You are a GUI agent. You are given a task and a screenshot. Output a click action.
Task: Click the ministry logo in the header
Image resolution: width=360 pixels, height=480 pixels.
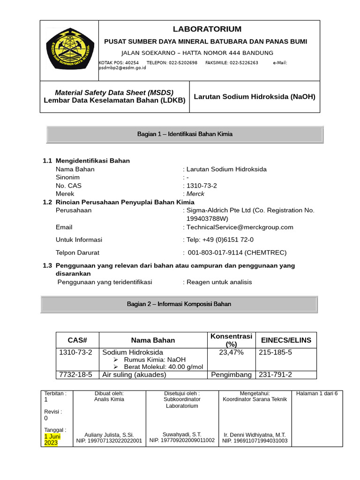(x=69, y=51)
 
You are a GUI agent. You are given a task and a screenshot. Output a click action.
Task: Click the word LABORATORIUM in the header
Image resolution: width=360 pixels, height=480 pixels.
(x=207, y=29)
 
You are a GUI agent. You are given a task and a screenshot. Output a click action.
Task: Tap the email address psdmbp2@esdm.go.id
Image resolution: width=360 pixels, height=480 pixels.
(x=122, y=68)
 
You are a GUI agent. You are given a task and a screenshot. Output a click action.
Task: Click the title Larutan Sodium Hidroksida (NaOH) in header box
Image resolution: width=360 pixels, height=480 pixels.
(x=255, y=97)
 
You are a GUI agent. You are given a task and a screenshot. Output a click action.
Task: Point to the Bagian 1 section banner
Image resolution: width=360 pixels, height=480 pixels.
(x=185, y=134)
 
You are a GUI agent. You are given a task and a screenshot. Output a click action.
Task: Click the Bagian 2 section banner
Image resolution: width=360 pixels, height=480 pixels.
(x=179, y=304)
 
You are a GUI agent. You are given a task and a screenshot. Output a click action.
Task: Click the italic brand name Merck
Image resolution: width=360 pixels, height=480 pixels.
(x=195, y=194)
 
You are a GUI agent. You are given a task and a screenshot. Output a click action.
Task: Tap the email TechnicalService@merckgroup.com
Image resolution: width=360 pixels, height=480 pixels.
(x=240, y=227)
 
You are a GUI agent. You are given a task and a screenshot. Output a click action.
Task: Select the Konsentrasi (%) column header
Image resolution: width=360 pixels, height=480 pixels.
(x=231, y=340)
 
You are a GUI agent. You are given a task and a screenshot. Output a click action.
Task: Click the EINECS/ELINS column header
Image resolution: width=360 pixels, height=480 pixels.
(x=285, y=340)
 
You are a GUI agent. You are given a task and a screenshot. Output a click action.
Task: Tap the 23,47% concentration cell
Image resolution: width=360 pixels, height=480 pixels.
(x=231, y=352)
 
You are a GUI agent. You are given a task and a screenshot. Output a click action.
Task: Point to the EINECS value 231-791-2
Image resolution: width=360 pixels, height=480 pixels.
(x=276, y=375)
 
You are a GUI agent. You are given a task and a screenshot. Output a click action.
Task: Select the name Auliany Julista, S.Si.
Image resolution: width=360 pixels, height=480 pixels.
(x=109, y=435)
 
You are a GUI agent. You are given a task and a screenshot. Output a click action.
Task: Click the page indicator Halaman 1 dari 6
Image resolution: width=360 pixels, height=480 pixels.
(x=317, y=393)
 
